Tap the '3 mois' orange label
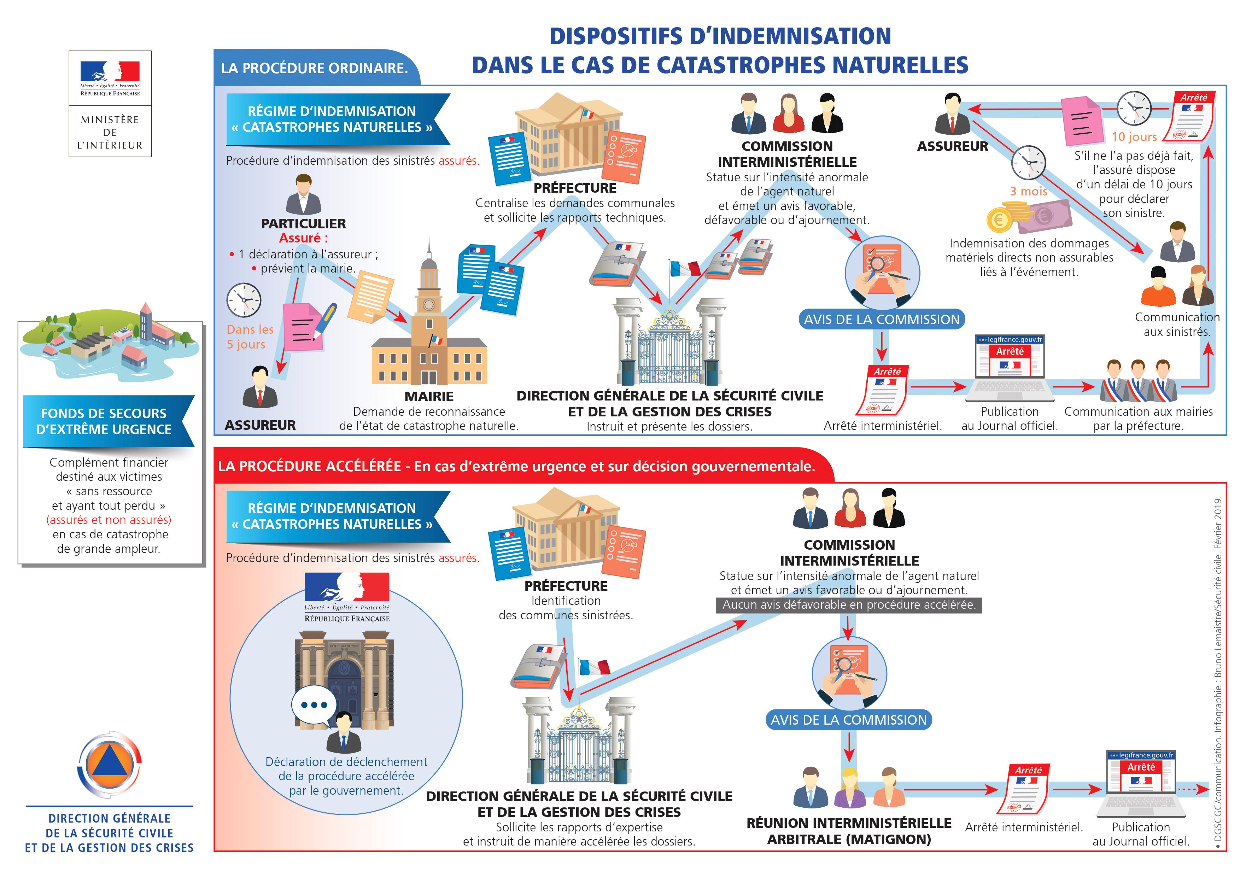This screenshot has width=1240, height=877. coord(1028,191)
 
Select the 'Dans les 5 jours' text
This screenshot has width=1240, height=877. coord(250,337)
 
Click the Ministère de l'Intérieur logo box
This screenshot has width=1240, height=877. coord(110,104)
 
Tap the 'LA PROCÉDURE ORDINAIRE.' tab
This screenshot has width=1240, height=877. coord(314,68)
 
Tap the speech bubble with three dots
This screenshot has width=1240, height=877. coord(314,705)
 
